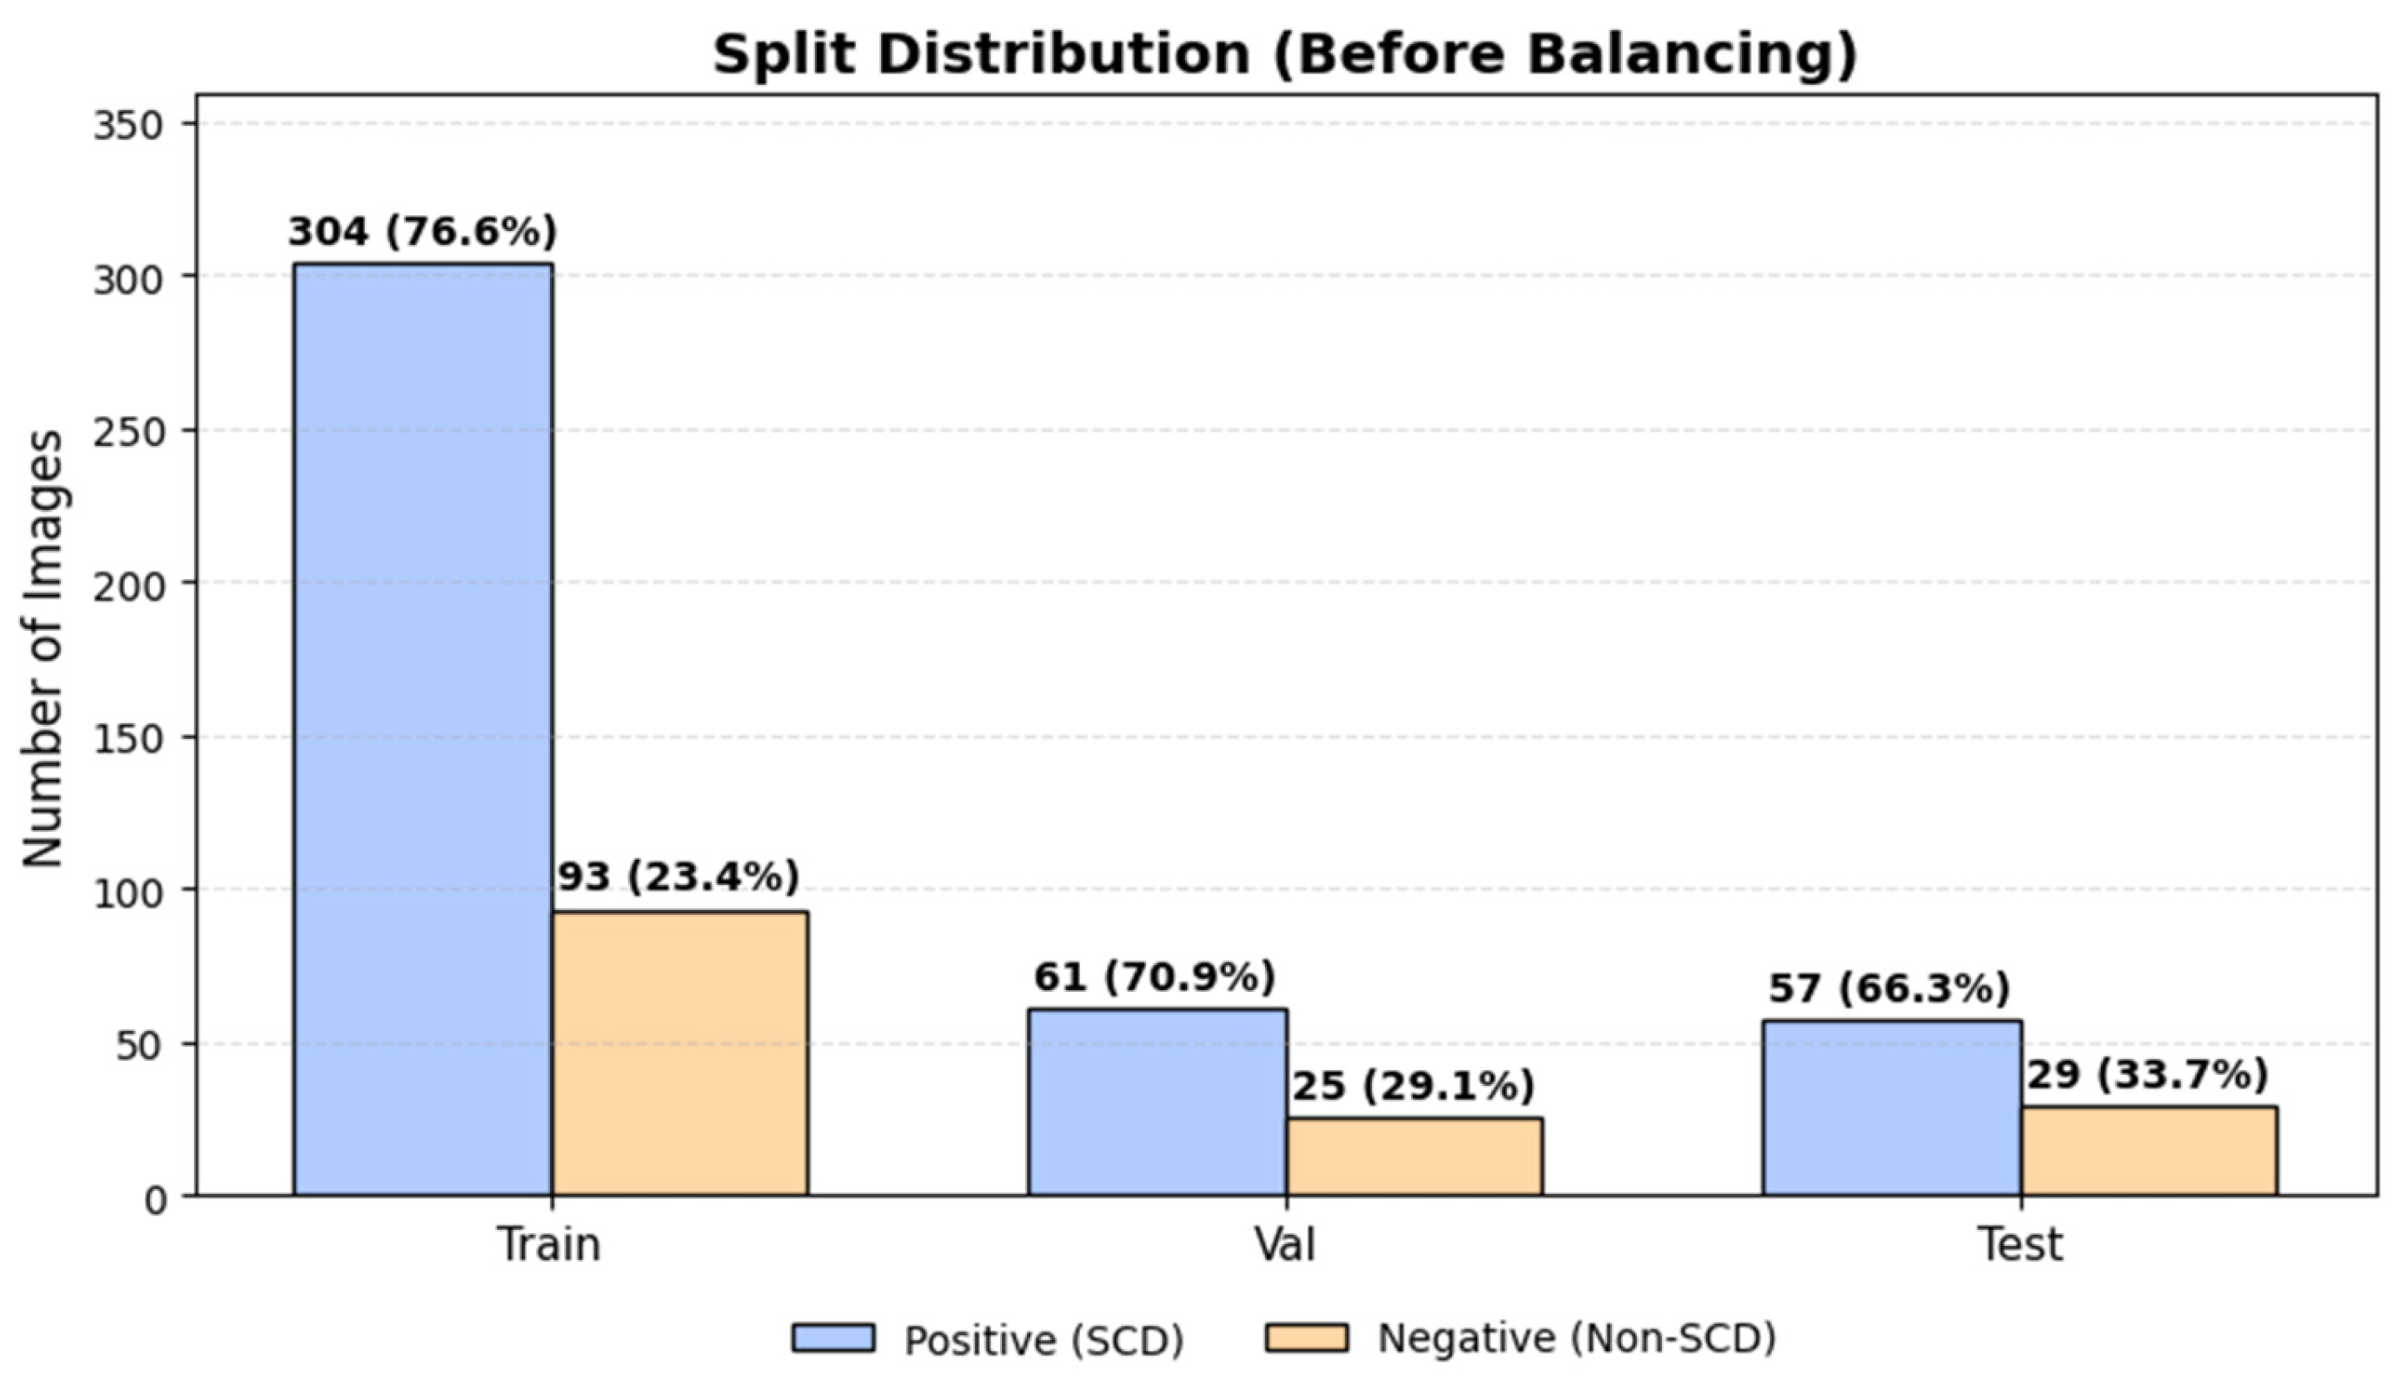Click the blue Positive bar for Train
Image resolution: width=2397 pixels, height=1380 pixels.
click(423, 730)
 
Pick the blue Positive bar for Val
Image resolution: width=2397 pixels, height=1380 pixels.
click(1158, 1102)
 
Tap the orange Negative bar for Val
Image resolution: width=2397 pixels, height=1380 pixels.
click(1414, 1157)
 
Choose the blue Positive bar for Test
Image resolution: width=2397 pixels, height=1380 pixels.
click(1892, 1109)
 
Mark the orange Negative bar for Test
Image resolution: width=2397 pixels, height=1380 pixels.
click(2149, 1152)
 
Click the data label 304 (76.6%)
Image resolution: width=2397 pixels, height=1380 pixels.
click(423, 232)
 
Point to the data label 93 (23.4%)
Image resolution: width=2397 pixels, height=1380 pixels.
click(678, 877)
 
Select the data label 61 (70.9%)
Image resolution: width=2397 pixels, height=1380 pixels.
click(1154, 977)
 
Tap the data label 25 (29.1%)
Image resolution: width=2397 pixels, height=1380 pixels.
click(1414, 1086)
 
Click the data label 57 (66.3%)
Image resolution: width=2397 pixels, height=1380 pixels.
click(1889, 988)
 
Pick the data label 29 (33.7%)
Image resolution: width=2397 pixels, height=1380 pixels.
click(2148, 1075)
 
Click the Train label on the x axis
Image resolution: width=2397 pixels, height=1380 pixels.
click(550, 1244)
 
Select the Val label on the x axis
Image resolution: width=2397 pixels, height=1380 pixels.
click(1285, 1244)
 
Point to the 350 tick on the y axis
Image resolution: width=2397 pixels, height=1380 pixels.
click(130, 125)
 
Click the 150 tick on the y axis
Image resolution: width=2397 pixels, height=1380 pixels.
click(130, 737)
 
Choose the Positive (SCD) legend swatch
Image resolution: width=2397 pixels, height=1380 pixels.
click(833, 1337)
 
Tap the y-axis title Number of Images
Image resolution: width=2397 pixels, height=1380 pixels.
click(43, 649)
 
